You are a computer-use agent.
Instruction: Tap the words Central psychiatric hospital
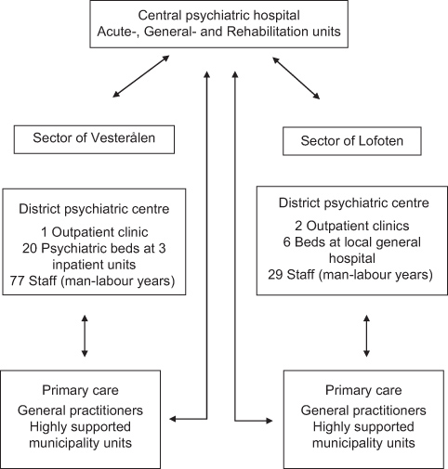(224, 15)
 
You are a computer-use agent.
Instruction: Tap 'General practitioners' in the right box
(364, 410)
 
